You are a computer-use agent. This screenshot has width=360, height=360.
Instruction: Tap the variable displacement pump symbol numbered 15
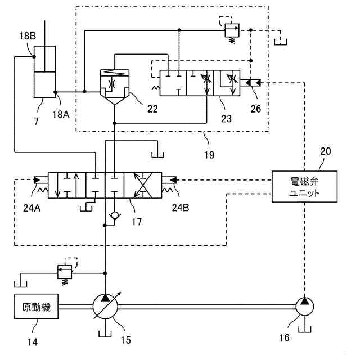tap(105, 307)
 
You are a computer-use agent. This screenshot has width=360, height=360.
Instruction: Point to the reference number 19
tap(209, 155)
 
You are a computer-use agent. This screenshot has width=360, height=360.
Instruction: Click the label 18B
tap(28, 36)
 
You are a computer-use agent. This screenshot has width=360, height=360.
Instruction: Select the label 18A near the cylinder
tap(61, 114)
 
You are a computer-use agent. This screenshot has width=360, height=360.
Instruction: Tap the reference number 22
tap(152, 109)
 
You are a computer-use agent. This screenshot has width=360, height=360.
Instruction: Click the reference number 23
tap(226, 119)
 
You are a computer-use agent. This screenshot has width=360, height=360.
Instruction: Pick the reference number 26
tap(256, 109)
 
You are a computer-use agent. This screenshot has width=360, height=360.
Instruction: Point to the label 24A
tap(32, 208)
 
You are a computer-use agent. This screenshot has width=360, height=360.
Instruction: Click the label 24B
tap(181, 208)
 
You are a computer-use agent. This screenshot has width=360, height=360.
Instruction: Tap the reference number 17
tap(137, 222)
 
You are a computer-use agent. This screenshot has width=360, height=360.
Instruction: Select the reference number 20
tap(326, 151)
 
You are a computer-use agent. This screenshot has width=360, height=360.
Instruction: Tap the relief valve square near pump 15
tap(65, 272)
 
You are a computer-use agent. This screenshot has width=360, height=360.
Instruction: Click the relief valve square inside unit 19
tap(232, 30)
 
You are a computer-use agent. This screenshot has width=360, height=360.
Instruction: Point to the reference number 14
tap(33, 342)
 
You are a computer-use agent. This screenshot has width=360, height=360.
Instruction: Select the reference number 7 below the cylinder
tap(36, 121)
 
